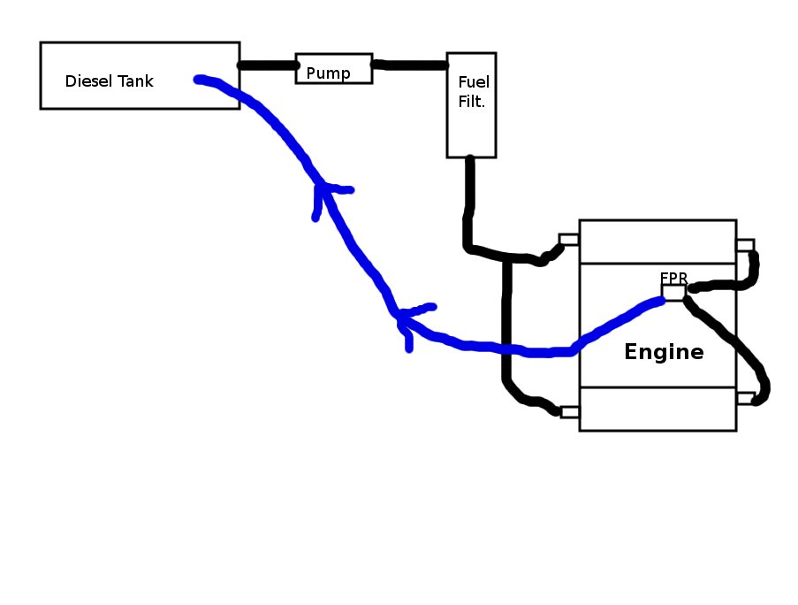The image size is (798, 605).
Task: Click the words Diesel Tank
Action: pos(109,81)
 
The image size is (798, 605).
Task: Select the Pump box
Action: pos(333,68)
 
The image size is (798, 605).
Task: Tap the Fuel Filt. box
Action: pos(471,104)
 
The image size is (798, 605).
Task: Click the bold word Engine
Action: pos(664,352)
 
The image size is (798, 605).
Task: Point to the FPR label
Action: pos(673,278)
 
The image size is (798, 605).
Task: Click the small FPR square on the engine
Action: pos(673,293)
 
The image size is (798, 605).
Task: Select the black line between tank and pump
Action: pos(267,65)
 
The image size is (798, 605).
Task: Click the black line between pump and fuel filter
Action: pos(409,65)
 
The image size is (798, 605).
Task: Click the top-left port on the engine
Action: pos(569,240)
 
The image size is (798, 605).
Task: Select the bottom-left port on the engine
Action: pos(569,411)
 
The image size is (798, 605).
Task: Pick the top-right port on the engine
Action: pos(745,245)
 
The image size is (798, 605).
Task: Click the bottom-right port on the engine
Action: pos(745,398)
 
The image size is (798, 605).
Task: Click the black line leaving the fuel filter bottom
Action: pos(469,199)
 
